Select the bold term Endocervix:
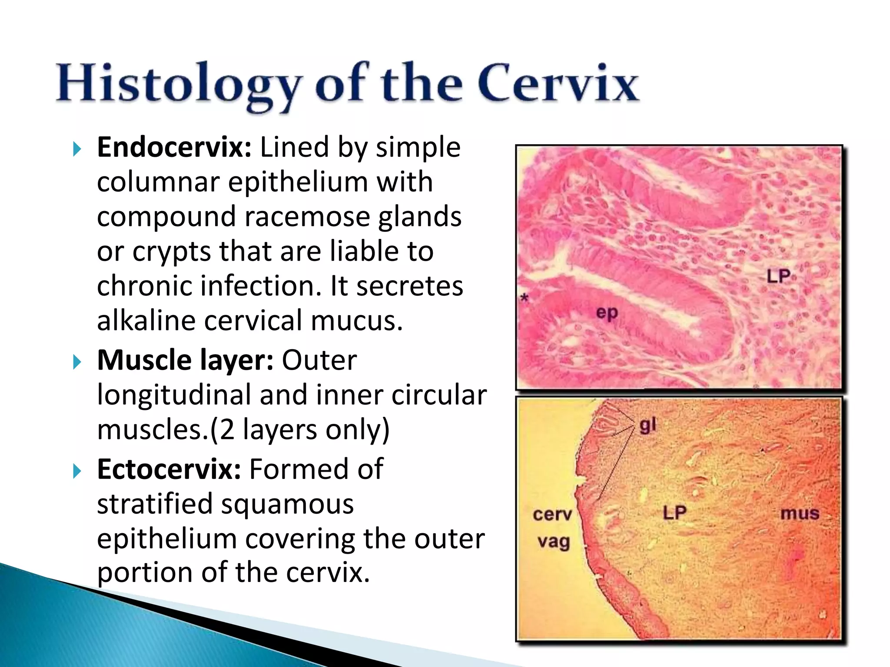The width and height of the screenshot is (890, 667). [174, 148]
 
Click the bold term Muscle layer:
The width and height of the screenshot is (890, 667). [185, 360]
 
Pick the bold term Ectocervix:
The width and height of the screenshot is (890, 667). [169, 469]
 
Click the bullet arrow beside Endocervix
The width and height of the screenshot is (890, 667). [77, 149]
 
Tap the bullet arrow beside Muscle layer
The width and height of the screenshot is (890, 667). [77, 362]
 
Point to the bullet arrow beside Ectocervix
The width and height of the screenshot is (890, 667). [77, 471]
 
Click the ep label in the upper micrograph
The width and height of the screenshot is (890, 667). [607, 313]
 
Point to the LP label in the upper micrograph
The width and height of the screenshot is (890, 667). [778, 277]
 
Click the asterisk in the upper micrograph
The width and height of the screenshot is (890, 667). [525, 298]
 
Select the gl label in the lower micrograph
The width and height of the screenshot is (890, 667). [648, 426]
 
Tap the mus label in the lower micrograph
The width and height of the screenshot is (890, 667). [800, 514]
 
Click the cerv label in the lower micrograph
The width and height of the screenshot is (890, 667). [552, 515]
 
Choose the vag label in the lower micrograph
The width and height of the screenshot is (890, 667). [553, 542]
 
